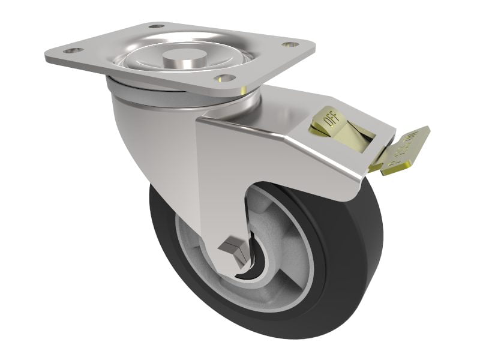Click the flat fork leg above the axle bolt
pos(225,180)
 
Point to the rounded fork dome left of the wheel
pos(144,138)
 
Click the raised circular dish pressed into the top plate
pos(150,57)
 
